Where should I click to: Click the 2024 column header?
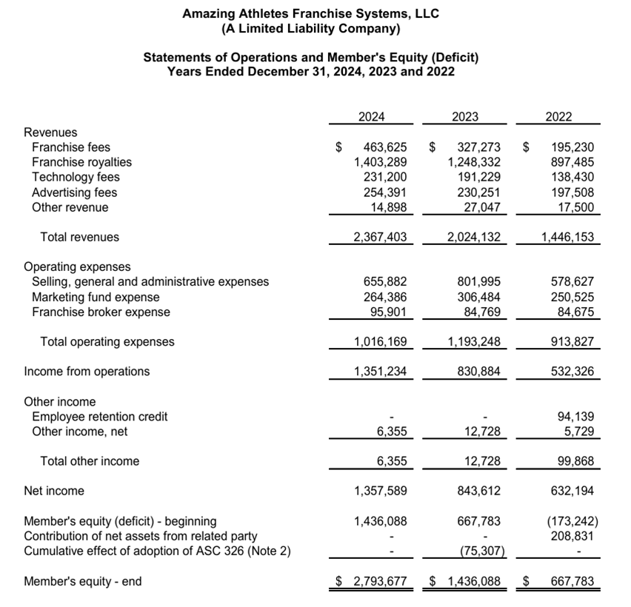(x=371, y=116)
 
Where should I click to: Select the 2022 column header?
(x=558, y=116)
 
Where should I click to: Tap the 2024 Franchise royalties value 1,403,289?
(x=381, y=162)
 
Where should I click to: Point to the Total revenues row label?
(x=79, y=238)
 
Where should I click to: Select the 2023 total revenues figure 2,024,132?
(x=474, y=238)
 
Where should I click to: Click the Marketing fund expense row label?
(x=96, y=297)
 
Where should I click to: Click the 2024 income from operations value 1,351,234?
(x=381, y=372)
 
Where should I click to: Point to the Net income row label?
(x=54, y=491)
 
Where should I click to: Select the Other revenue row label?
(x=70, y=207)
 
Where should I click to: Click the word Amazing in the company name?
(x=210, y=14)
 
